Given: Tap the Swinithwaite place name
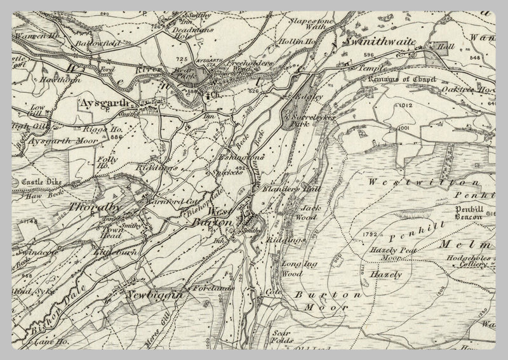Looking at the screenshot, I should (x=379, y=41).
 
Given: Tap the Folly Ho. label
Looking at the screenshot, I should (x=108, y=163).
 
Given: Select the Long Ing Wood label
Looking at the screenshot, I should (x=297, y=269).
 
